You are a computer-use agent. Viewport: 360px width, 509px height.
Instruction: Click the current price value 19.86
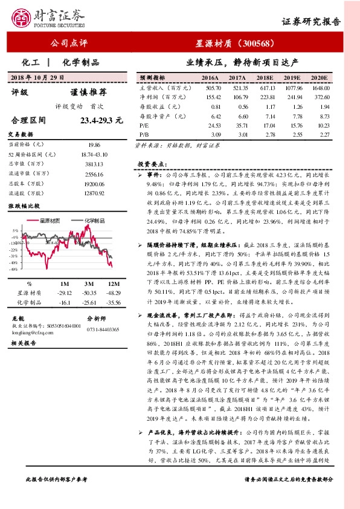[x=94, y=145]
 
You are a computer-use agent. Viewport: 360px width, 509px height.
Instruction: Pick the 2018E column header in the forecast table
[x=265, y=79]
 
